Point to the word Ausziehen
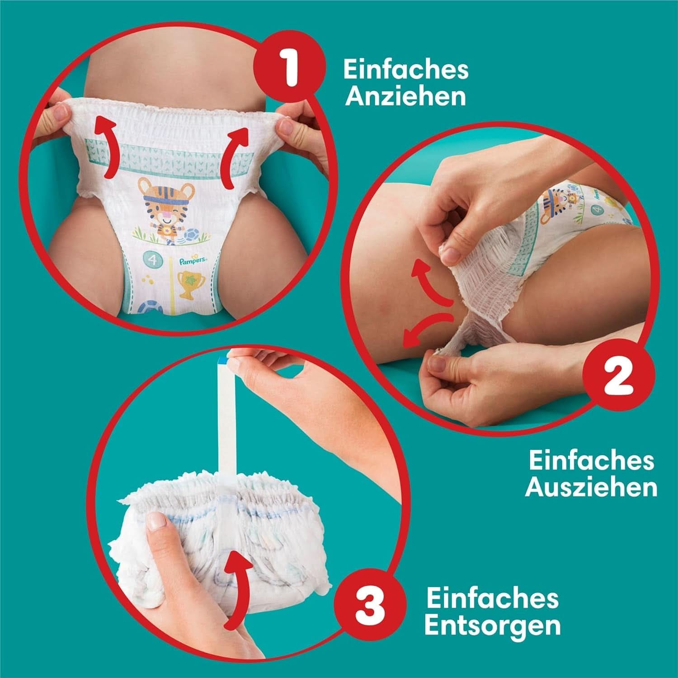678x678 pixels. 591,488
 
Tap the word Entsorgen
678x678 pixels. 493,626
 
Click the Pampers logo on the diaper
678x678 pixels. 193,261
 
